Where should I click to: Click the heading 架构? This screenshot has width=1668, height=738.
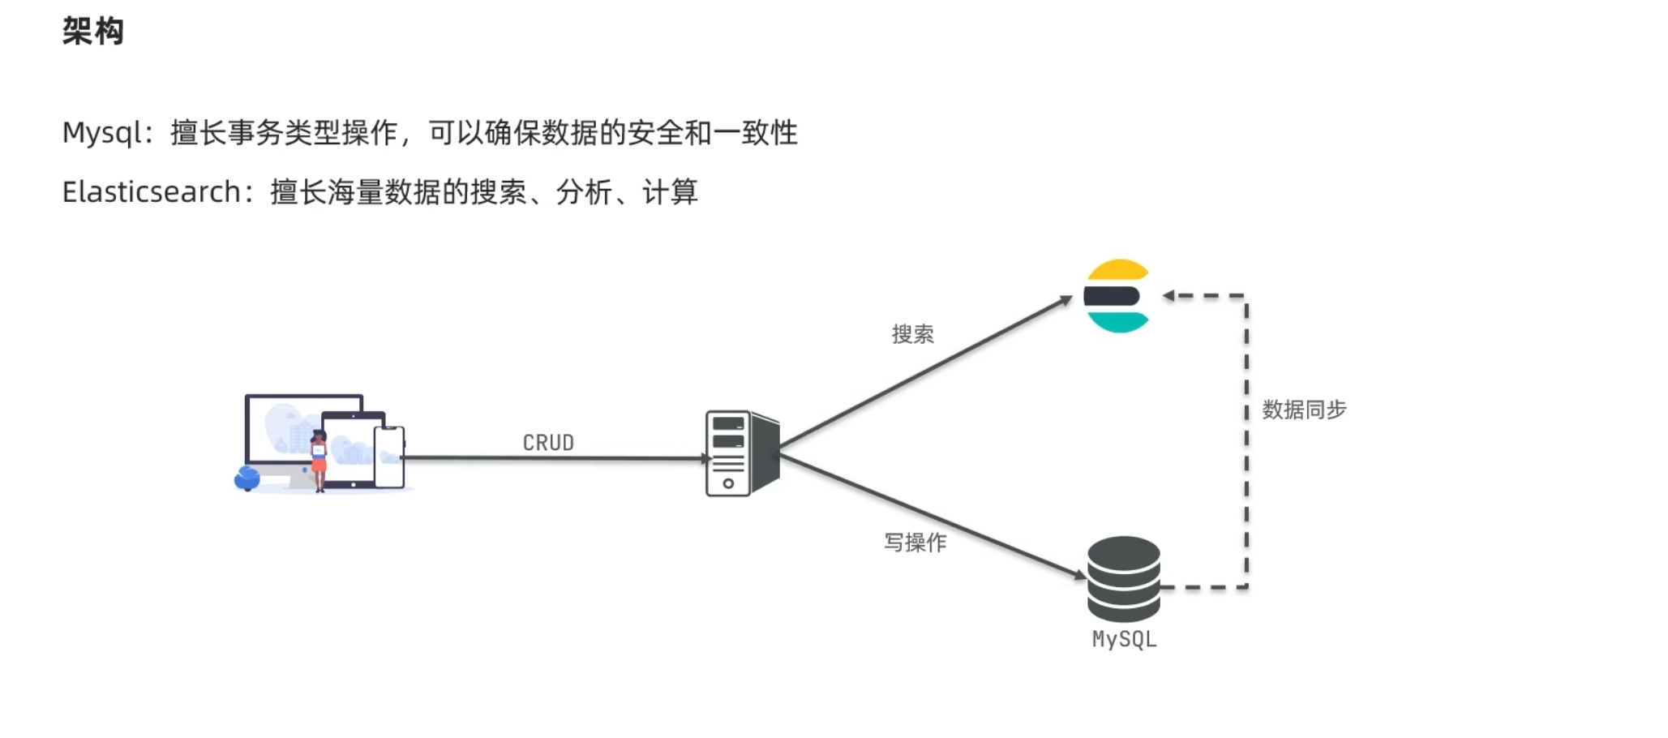point(93,32)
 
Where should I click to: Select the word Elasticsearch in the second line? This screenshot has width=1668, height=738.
point(152,192)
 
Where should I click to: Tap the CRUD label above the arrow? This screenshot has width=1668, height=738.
point(548,443)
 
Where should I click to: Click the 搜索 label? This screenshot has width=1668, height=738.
point(912,334)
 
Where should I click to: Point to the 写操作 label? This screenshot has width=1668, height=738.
point(915,543)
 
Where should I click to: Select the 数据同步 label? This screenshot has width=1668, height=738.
point(1304,410)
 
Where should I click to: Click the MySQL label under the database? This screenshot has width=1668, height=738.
point(1124,639)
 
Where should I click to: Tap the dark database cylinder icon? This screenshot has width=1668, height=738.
point(1123,578)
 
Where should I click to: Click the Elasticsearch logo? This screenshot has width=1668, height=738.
point(1117,296)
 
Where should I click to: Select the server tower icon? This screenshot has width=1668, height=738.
point(741,453)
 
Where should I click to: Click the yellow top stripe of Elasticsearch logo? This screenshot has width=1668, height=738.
point(1118,270)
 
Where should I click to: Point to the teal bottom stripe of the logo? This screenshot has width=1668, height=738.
point(1118,323)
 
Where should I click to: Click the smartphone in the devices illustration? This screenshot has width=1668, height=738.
point(389,457)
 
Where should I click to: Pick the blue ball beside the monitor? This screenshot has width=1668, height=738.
point(247,478)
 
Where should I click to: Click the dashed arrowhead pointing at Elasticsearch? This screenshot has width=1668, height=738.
point(1168,296)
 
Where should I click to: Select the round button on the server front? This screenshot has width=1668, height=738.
point(728,483)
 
